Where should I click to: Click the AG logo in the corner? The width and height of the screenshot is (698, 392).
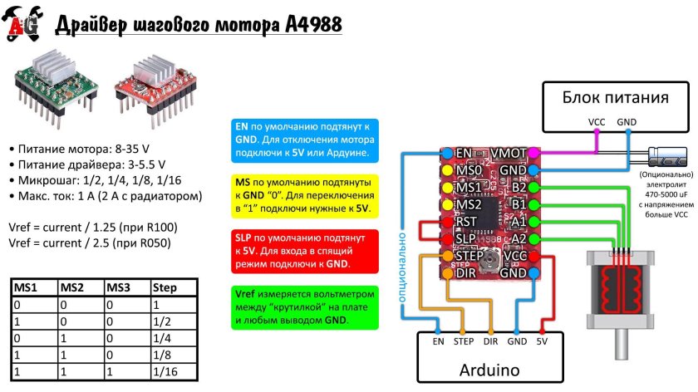click(x=22, y=26)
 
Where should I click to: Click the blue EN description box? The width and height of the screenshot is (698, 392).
click(x=302, y=140)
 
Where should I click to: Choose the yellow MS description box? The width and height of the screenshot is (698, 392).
click(x=302, y=194)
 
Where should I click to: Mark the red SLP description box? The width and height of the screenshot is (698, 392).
click(x=302, y=250)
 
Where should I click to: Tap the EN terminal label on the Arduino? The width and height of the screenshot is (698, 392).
click(x=438, y=341)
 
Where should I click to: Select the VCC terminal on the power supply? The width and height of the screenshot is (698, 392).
click(x=597, y=121)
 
